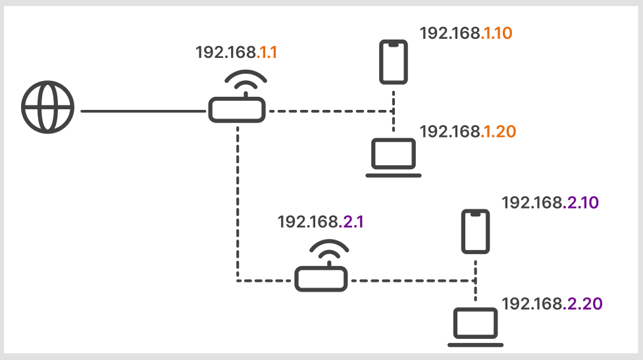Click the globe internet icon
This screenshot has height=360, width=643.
47,108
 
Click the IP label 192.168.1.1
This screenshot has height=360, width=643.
236,53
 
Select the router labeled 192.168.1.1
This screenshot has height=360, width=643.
237,109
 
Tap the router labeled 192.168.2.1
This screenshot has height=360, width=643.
320,278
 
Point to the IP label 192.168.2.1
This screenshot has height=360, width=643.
321,222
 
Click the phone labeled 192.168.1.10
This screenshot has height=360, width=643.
394,63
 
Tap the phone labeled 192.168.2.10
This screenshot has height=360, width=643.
475,232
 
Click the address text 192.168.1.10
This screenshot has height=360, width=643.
466,34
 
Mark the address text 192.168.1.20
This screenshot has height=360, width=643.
467,132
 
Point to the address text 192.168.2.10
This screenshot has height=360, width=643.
550,203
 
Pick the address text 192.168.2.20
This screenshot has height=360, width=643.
552,303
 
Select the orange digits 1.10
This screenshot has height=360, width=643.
498,34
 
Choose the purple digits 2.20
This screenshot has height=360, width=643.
583,303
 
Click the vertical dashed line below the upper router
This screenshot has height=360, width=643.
238,197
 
